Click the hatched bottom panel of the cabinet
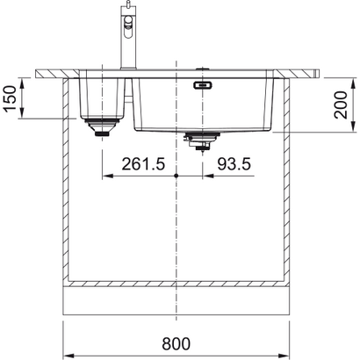[x=177, y=286]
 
